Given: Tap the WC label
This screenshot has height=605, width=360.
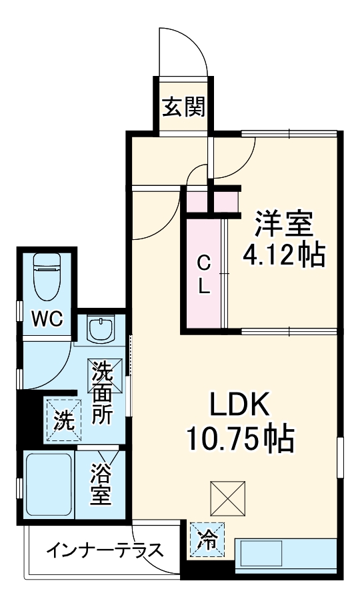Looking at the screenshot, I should click(48, 319).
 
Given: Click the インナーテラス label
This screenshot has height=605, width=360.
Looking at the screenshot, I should click(105, 550).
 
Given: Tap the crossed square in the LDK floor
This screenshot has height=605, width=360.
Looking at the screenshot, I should click(227, 497).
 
